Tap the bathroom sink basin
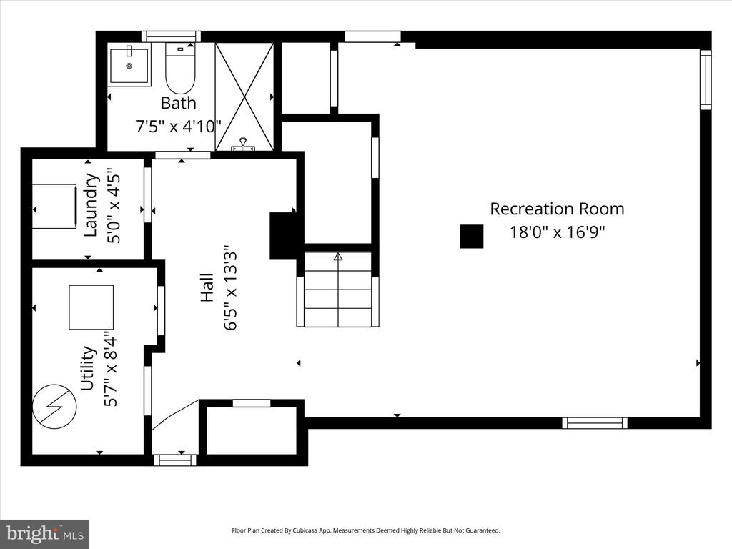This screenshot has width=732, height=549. click(129, 66)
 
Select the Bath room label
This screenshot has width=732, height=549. click(178, 103)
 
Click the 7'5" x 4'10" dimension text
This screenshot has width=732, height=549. click(178, 126)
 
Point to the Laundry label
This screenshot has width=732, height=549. click(91, 205)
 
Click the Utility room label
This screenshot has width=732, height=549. click(88, 368)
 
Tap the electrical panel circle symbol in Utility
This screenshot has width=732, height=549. click(54, 406)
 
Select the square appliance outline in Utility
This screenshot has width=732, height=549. click(91, 307)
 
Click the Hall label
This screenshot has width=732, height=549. click(207, 287)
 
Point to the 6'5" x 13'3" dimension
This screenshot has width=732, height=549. click(231, 287)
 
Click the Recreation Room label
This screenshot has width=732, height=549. click(557, 209)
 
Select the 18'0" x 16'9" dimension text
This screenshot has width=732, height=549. click(557, 232)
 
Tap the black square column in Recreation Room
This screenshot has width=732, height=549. click(472, 236)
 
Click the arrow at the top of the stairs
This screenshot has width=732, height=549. click(338, 257)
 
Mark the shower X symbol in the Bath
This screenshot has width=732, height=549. click(244, 97)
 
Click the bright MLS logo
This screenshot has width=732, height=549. click(45, 533)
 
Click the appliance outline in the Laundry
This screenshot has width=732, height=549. click(54, 207)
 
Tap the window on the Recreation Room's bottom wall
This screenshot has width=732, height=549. click(595, 423)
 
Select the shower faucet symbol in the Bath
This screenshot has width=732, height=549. click(244, 144)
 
